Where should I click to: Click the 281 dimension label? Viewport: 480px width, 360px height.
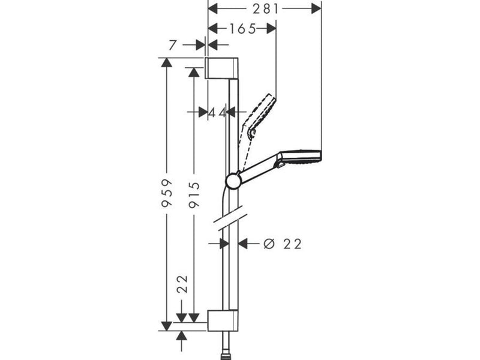(x=266, y=9)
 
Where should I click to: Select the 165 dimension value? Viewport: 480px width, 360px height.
(x=242, y=29)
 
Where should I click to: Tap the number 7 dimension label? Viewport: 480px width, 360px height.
(x=173, y=45)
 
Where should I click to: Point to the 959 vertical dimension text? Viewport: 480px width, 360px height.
(x=167, y=194)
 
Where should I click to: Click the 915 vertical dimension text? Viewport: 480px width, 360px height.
(x=194, y=195)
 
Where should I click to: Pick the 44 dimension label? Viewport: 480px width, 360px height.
(x=217, y=113)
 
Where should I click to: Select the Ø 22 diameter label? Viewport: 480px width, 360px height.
(x=283, y=244)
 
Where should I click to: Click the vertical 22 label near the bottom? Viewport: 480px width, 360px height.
(x=182, y=284)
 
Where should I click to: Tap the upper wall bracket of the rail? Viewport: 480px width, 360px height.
(x=221, y=68)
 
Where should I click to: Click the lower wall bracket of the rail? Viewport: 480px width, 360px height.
(x=223, y=320)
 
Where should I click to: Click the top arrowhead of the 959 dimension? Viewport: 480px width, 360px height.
(x=167, y=62)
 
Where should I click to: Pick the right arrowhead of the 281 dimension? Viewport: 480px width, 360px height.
(x=317, y=9)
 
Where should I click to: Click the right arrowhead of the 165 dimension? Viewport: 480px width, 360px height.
(x=271, y=29)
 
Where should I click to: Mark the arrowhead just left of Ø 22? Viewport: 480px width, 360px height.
(x=243, y=244)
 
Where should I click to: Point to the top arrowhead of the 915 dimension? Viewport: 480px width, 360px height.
(x=193, y=72)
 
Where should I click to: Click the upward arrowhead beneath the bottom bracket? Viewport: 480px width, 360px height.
(x=182, y=336)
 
